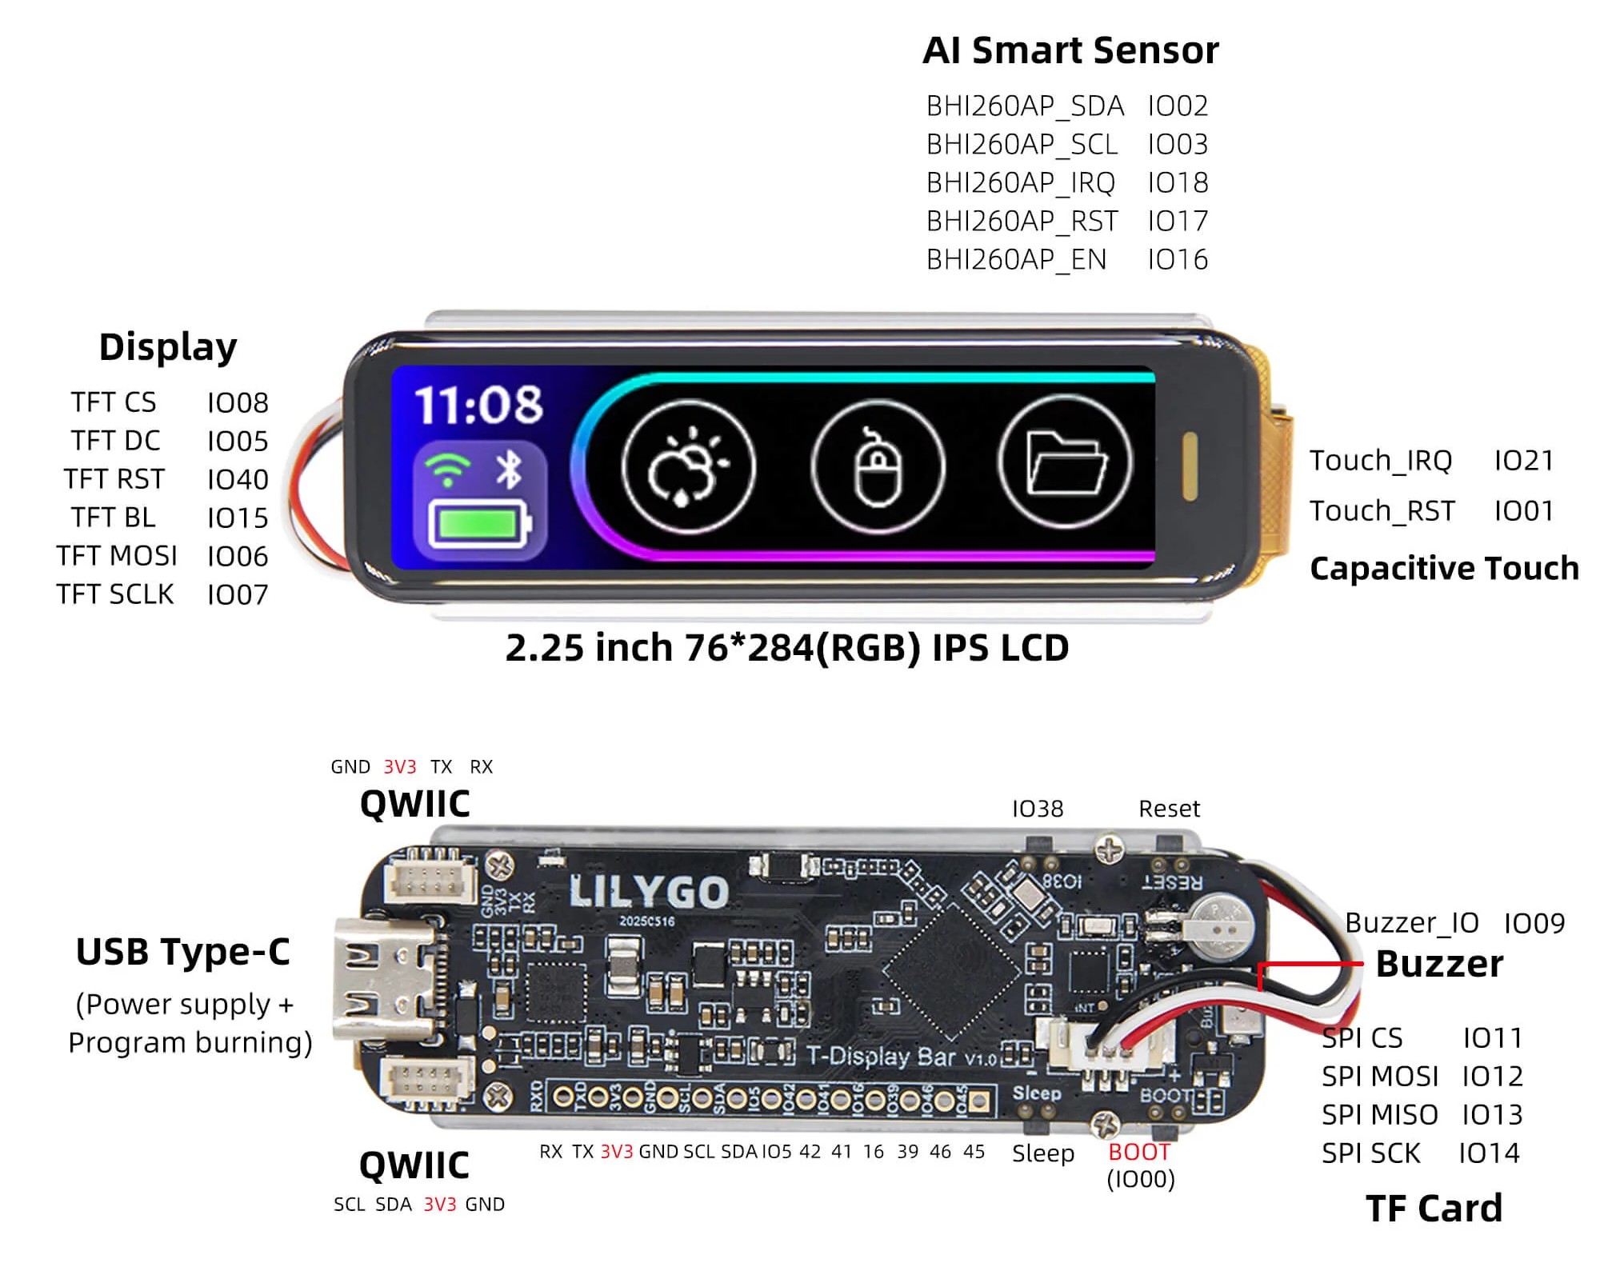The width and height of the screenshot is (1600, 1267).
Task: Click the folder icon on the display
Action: point(1066,463)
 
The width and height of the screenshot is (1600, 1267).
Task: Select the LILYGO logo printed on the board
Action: point(648,891)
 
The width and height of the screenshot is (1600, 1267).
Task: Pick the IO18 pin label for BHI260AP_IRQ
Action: point(1178,183)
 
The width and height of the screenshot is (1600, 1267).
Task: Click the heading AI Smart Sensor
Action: point(1070,50)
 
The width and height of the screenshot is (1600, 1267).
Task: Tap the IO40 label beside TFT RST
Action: point(238,480)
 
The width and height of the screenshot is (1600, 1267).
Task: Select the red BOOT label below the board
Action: point(1139,1152)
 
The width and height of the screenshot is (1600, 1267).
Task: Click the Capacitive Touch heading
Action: point(1444,568)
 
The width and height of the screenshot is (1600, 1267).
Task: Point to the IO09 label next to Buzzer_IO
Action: point(1534,924)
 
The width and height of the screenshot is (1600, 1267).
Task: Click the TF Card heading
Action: point(1434,1208)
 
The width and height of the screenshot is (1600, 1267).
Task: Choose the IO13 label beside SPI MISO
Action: point(1492,1115)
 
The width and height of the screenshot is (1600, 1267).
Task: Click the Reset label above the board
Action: point(1169,809)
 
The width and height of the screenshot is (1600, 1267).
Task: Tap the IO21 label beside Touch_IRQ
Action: point(1524,461)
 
